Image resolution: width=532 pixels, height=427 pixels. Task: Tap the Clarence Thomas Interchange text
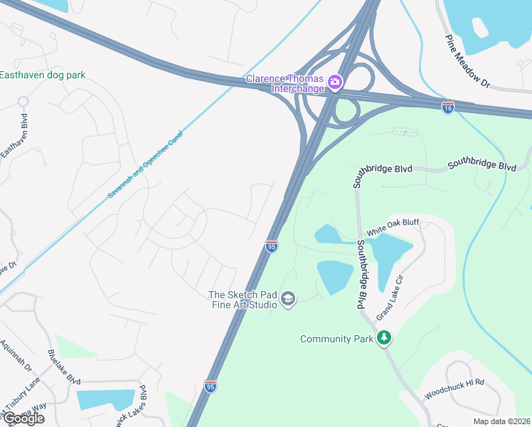(284, 83)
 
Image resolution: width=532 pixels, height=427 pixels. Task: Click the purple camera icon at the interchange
(334, 83)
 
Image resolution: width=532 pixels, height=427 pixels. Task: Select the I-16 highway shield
(447, 107)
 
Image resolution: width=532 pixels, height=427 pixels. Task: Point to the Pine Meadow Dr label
(468, 62)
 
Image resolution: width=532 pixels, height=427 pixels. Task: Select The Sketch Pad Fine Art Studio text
(243, 300)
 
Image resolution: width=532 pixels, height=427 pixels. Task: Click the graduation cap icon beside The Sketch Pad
(288, 299)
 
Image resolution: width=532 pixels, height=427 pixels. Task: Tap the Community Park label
(336, 339)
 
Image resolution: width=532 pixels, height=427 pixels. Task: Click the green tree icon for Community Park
(384, 337)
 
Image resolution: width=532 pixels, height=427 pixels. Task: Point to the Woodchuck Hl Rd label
(454, 388)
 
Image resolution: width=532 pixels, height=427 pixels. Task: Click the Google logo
(23, 418)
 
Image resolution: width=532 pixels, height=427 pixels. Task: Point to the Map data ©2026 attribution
(502, 421)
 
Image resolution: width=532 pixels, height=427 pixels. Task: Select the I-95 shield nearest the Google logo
(211, 386)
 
